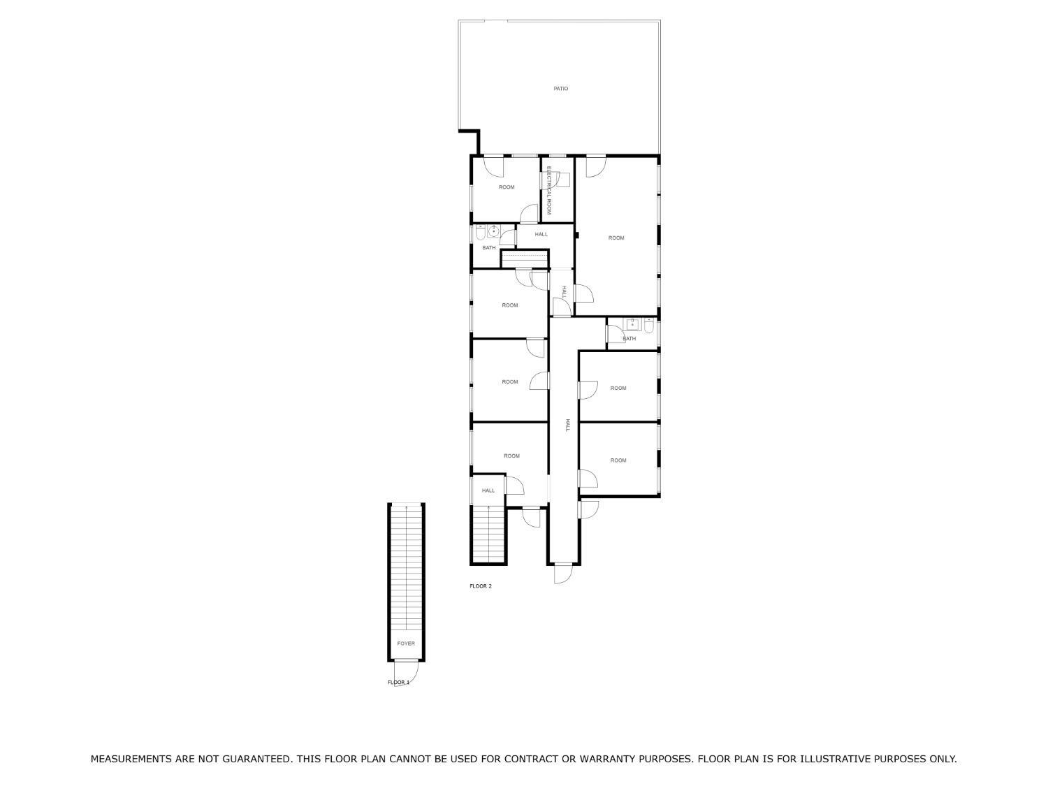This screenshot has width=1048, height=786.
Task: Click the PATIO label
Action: click(560, 88)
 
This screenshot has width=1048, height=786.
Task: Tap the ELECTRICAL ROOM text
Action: click(549, 190)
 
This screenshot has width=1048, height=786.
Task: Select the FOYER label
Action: click(406, 643)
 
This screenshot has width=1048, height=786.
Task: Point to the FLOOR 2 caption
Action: click(480, 585)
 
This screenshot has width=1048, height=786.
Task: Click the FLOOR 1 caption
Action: click(398, 682)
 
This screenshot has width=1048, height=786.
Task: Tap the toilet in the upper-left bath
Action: click(480, 232)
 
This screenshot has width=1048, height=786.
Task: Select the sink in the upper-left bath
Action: click(493, 231)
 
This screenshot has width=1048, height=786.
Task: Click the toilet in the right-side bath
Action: click(649, 325)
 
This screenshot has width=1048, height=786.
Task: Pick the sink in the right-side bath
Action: click(632, 324)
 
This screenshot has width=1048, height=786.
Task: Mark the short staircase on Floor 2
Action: click(488, 534)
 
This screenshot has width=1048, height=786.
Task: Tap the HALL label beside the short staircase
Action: click(488, 490)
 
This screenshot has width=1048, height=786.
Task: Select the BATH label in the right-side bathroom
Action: click(629, 338)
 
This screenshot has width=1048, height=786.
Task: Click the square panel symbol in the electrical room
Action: click(563, 180)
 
